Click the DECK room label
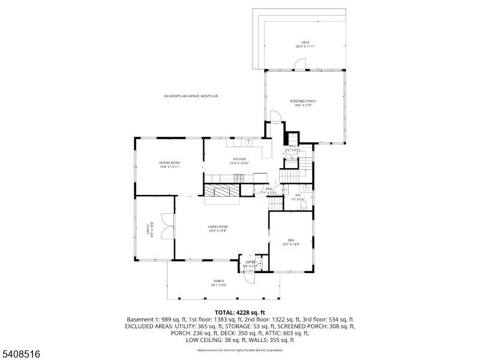(305, 44)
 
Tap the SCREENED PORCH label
(303, 103)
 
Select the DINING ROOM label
(169, 164)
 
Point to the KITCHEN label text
(239, 161)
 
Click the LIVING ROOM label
(218, 228)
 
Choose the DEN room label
(290, 242)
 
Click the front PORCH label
(218, 283)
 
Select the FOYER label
(250, 263)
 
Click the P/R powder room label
(298, 197)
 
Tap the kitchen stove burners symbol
(238, 177)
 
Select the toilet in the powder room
(303, 206)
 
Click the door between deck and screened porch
(300, 64)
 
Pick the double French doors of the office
(166, 229)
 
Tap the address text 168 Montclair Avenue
(191, 96)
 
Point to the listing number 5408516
(20, 354)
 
